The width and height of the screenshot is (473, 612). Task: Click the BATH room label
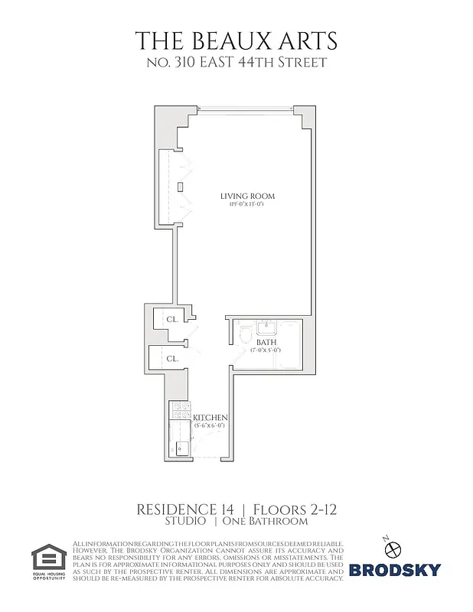click(x=265, y=343)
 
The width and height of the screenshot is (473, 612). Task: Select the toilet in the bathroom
click(x=244, y=334)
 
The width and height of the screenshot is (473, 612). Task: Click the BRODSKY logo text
click(x=394, y=569)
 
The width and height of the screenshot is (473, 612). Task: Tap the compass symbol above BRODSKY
click(x=395, y=549)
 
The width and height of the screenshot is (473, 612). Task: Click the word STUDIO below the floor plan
click(x=185, y=522)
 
